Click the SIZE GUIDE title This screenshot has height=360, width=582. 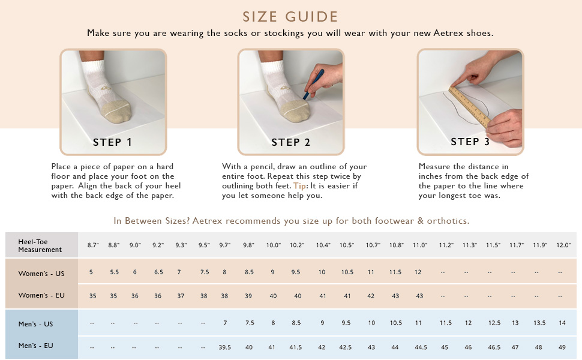[x=290, y=17]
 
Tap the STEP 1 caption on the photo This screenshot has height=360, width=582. [x=112, y=142]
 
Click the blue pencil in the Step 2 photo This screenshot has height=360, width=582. [x=313, y=84]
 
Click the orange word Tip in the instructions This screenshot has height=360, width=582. [x=300, y=186]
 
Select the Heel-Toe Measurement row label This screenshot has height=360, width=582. [x=40, y=245]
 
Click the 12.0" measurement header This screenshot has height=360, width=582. [x=563, y=245]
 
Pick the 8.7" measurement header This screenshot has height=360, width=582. [x=93, y=245]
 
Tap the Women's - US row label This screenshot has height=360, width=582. [x=41, y=274]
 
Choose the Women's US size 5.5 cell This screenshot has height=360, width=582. [x=115, y=272]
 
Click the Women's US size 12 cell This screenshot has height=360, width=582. [x=418, y=272]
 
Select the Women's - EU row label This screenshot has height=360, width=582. [x=41, y=295]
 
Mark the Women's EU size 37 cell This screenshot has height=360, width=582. [x=181, y=296]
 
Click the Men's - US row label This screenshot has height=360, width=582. [x=35, y=324]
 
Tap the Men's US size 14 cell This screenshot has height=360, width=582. [x=562, y=323]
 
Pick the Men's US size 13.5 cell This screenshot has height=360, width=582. [x=539, y=323]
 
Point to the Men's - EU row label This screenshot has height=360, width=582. [x=35, y=346]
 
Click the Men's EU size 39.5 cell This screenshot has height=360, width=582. [x=224, y=347]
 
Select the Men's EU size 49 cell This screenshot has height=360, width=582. [x=562, y=347]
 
